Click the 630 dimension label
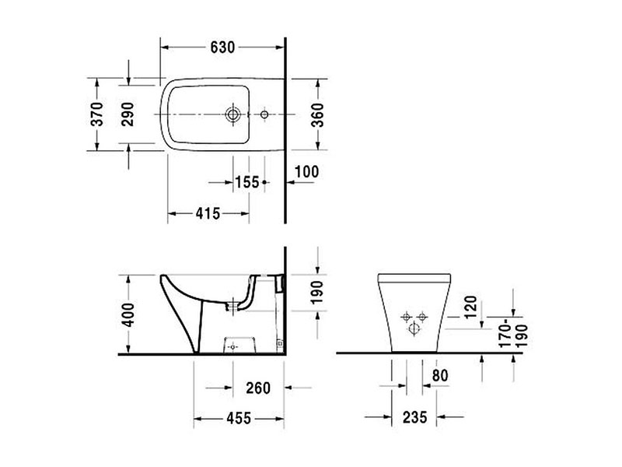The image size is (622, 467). [x=222, y=47]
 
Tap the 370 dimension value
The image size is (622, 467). [x=96, y=114]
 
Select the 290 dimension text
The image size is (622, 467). [x=128, y=114]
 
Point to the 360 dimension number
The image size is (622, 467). [x=317, y=114]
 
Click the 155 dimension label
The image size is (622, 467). [x=247, y=182]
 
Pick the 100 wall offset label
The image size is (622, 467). [x=306, y=172]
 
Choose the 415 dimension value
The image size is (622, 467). [x=208, y=213]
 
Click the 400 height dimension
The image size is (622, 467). [x=128, y=314]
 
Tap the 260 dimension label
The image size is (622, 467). [x=258, y=388]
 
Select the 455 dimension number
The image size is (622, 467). [x=239, y=418]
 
